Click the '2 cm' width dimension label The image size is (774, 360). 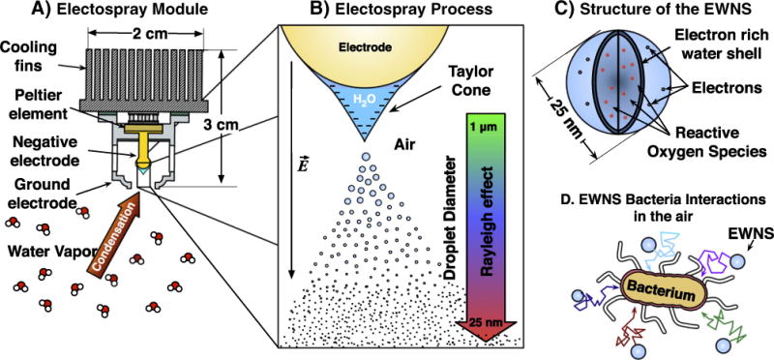tap(146, 34)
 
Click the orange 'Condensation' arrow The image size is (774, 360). tap(113, 235)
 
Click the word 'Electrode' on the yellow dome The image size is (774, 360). tap(366, 47)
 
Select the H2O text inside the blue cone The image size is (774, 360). tap(366, 99)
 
